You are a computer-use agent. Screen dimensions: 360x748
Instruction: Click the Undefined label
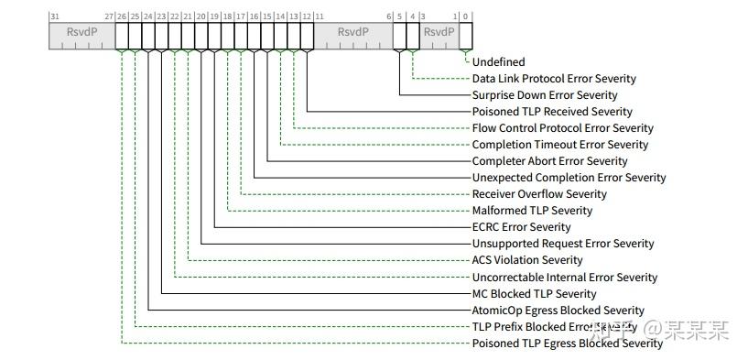pos(498,62)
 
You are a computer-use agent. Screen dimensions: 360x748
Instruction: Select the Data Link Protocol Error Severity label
pos(554,79)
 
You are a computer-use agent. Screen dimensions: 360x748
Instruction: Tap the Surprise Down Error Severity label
pos(545,95)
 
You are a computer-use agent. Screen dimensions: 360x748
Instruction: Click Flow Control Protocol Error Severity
pos(563,128)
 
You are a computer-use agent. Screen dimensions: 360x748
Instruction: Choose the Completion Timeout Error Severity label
pos(559,145)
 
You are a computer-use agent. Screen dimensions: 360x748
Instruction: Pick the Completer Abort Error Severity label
pos(549,161)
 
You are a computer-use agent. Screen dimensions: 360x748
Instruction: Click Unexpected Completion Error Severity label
pos(569,178)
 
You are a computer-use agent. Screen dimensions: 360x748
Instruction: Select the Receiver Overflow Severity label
pos(539,194)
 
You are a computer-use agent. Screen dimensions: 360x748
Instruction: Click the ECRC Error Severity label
pos(521,227)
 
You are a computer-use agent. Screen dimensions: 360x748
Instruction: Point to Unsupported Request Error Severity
pos(563,244)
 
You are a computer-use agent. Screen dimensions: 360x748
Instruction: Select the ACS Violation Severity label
pos(527,260)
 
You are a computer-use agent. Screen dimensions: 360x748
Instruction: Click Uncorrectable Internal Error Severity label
pos(564,278)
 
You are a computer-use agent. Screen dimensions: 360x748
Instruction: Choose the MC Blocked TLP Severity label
pos(534,294)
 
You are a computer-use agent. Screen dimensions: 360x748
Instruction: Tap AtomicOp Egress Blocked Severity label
pos(558,311)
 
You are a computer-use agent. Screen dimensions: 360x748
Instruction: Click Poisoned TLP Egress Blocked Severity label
pos(567,344)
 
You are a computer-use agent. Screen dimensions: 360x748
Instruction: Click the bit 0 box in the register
pos(466,35)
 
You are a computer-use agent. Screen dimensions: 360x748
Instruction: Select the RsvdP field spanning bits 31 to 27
pos(81,35)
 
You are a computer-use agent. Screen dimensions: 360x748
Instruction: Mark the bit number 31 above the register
pos(54,16)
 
